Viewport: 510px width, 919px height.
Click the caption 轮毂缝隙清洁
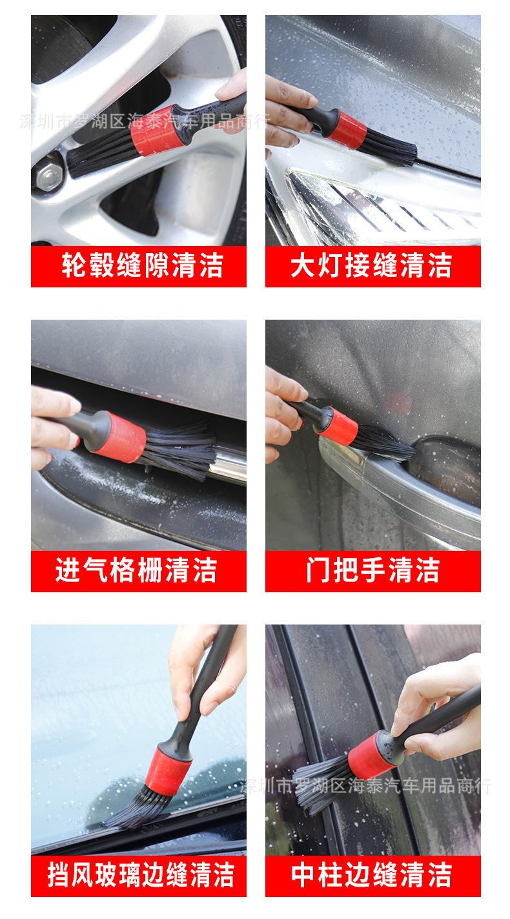[138, 266]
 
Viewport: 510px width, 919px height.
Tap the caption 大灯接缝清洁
[372, 266]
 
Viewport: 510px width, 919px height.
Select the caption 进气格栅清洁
[138, 571]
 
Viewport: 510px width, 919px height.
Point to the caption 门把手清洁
[372, 571]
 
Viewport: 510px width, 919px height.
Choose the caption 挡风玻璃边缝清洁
[138, 876]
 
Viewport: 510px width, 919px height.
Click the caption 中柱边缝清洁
[372, 876]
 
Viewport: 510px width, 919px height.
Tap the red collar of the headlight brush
[350, 127]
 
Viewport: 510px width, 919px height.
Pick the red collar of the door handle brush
[338, 426]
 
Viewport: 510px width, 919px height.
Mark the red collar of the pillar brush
[372, 754]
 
